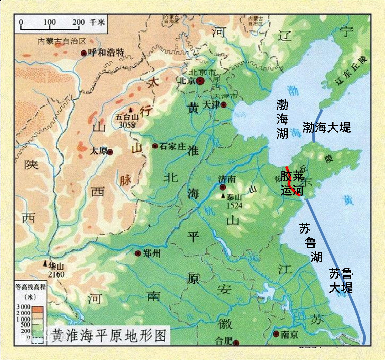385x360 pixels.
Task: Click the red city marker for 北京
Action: (x=200, y=81)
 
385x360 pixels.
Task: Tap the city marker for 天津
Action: (x=224, y=105)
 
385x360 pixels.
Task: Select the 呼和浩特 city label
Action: (x=106, y=52)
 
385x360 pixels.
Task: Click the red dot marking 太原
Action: (x=110, y=152)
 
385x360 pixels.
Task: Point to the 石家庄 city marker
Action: (x=155, y=146)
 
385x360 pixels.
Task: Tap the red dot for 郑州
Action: (x=138, y=253)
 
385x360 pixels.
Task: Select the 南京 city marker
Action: (x=276, y=334)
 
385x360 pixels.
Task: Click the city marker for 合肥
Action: (x=236, y=343)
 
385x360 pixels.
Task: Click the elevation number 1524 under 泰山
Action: (x=234, y=205)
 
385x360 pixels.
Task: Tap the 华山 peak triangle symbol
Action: (x=45, y=264)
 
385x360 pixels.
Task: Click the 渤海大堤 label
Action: (x=326, y=127)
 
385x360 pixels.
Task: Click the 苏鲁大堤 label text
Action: (x=341, y=280)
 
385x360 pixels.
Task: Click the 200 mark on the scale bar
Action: (x=78, y=22)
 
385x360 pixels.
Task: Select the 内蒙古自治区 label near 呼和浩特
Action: (x=62, y=41)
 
